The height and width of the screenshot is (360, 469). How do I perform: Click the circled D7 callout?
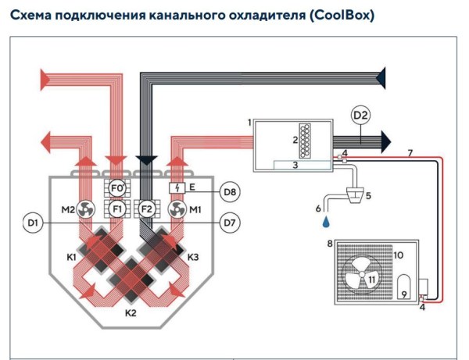point(229,224)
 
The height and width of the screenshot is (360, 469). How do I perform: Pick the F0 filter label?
point(117,188)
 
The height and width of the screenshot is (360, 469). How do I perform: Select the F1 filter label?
point(117,209)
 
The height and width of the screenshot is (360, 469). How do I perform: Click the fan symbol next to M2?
point(87,209)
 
